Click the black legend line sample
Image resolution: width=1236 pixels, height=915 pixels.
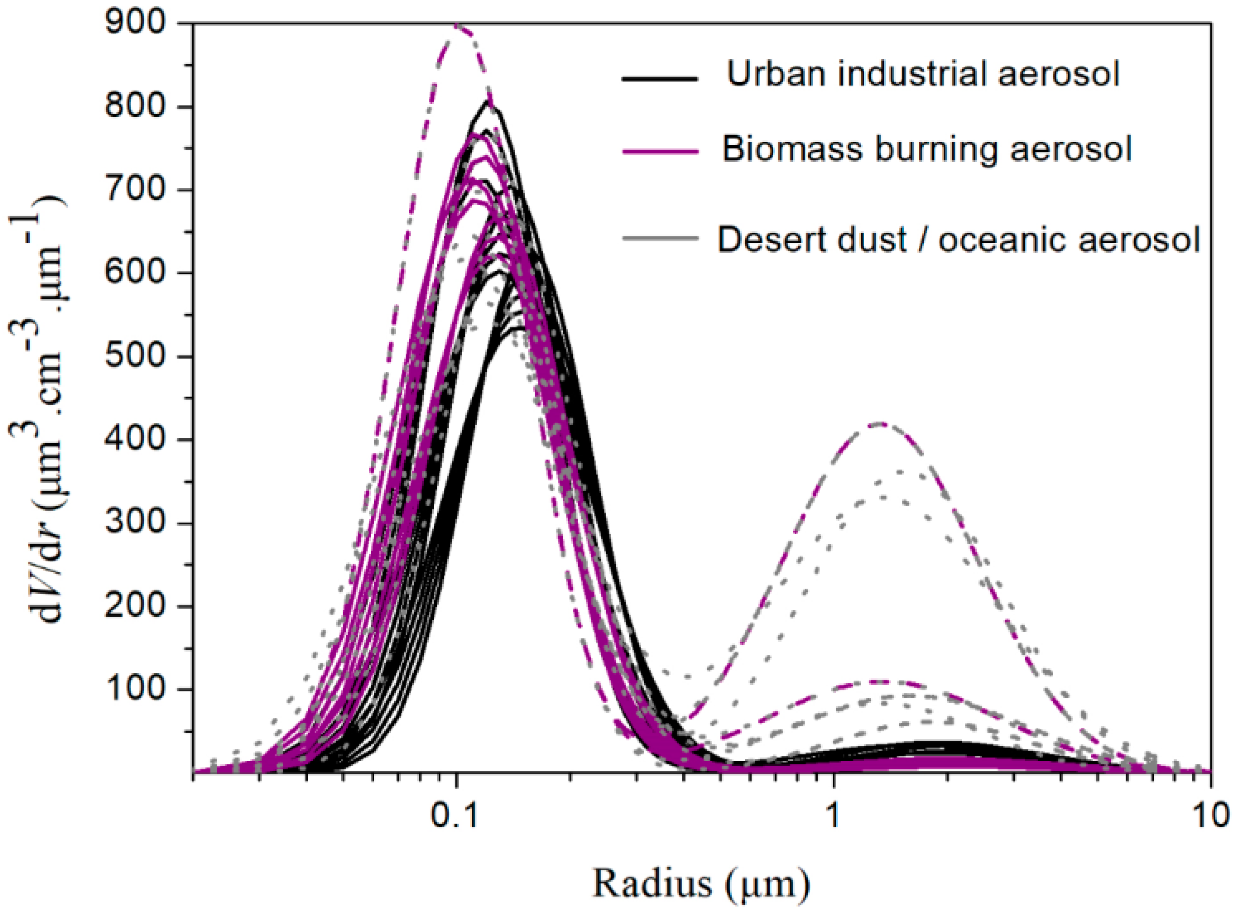point(659,78)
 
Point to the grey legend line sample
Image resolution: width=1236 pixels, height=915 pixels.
point(659,238)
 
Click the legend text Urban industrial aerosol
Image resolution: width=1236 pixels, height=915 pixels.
point(923,74)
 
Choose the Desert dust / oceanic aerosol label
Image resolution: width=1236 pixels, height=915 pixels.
point(959,239)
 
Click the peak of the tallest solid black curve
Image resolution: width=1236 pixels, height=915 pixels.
point(488,101)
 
